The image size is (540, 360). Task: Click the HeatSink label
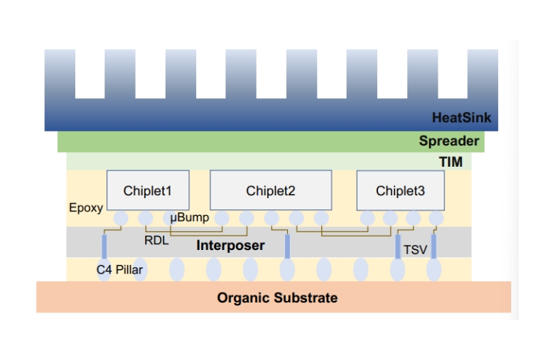tap(461, 118)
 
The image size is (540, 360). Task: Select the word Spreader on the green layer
tap(448, 141)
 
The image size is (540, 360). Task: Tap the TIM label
tap(450, 163)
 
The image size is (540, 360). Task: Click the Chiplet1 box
tap(148, 190)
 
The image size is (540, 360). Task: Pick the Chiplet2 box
tap(271, 190)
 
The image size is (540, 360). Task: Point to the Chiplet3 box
tap(400, 190)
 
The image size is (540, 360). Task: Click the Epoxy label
tap(86, 208)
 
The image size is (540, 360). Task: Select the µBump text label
tap(190, 217)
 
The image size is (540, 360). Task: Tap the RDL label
tap(156, 241)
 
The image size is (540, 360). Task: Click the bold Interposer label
tap(230, 246)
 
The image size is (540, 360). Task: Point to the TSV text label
tap(416, 249)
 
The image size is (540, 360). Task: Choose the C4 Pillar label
tap(121, 270)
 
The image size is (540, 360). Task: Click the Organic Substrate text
tap(277, 298)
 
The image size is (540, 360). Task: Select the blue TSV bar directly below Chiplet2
tap(287, 246)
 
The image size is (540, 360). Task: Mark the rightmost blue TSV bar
tap(433, 246)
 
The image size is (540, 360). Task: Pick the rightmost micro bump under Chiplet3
tap(436, 217)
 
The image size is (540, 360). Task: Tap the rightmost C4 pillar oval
tap(433, 270)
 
